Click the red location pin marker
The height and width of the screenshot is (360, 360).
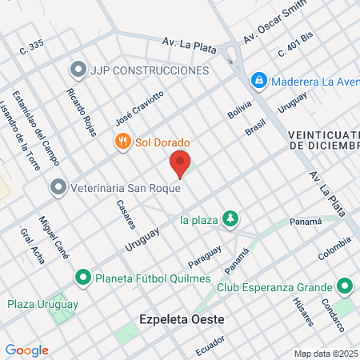[x=181, y=163]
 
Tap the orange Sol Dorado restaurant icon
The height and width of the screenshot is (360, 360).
[x=122, y=142]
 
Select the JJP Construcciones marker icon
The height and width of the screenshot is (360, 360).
[x=78, y=70]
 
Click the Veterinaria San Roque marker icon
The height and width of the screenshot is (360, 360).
[x=58, y=188]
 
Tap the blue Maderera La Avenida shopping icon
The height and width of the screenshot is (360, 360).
[x=258, y=81]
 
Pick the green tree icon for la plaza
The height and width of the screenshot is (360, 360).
[x=230, y=219]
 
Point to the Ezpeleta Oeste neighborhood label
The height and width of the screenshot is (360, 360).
[x=180, y=319]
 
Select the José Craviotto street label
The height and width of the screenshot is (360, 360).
[x=139, y=106]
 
